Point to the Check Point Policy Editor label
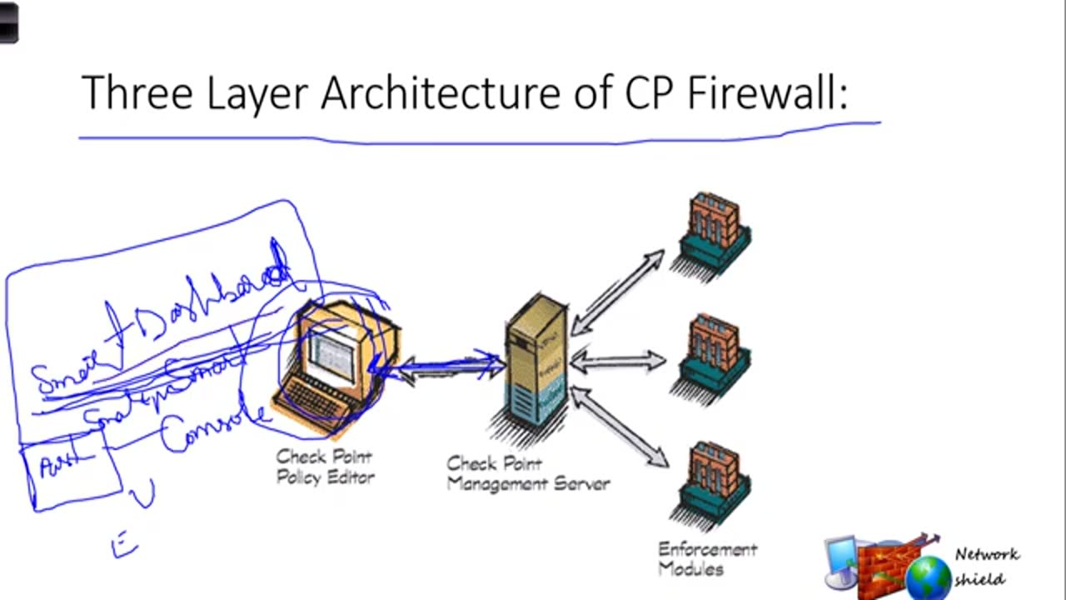click(325, 467)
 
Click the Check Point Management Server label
click(528, 473)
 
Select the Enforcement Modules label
click(707, 559)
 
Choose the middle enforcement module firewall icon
click(715, 354)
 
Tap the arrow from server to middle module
click(618, 362)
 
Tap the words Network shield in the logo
click(986, 567)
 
